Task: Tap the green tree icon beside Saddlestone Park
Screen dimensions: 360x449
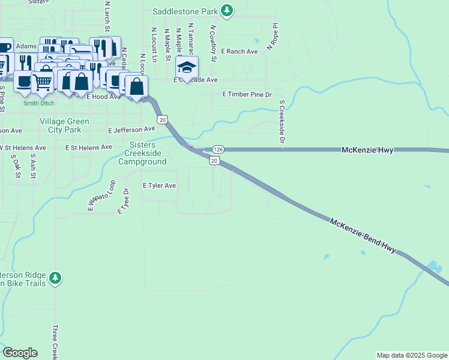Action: click(226, 10)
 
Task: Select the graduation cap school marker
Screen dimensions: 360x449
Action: click(187, 67)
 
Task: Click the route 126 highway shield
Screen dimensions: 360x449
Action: click(218, 149)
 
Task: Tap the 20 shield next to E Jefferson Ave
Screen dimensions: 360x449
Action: click(163, 120)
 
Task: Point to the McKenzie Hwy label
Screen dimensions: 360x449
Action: click(367, 150)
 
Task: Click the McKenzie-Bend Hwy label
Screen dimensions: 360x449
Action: click(363, 236)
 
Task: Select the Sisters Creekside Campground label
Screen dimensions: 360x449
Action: click(142, 154)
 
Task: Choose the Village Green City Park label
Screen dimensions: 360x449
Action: click(64, 125)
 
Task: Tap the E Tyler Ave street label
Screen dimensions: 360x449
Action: click(159, 186)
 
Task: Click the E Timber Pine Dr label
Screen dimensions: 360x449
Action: click(247, 95)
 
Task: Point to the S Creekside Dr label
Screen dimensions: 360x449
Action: click(281, 122)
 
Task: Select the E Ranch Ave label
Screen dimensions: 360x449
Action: click(239, 52)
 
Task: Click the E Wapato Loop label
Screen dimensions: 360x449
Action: click(101, 196)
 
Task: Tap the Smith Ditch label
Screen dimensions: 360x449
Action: click(38, 103)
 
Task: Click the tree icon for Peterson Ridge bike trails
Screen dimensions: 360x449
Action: click(55, 278)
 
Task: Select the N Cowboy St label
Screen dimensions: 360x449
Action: click(212, 43)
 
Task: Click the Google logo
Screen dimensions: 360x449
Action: click(20, 353)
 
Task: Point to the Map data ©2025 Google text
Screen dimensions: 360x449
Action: click(412, 355)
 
